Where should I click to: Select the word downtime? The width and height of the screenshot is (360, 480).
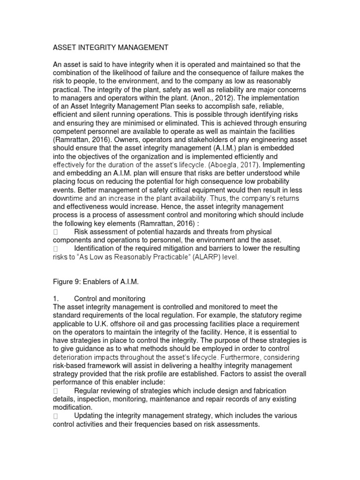pos(70,198)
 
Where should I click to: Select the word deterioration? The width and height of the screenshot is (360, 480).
pos(73,357)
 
